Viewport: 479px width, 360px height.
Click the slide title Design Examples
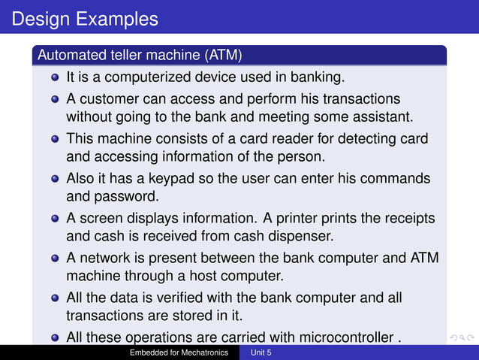(x=86, y=18)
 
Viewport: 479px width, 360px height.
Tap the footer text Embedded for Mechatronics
(x=179, y=352)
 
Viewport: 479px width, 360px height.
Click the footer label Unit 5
(x=261, y=352)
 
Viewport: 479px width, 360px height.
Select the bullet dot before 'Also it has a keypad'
(x=56, y=180)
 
